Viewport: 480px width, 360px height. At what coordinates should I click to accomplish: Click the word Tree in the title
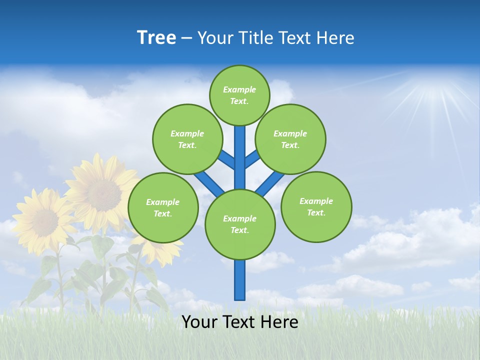tap(156, 37)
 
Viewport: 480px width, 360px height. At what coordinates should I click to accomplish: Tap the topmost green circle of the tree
tap(239, 95)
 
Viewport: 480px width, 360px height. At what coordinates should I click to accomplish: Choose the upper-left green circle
tap(187, 139)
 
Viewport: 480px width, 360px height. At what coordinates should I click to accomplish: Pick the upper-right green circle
tap(290, 139)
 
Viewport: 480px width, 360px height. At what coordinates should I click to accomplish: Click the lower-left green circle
tap(163, 207)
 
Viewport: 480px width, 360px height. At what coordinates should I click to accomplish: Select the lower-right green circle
tap(316, 206)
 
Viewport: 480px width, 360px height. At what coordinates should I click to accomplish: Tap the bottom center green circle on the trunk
tap(240, 224)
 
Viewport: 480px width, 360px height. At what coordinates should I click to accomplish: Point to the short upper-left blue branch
tap(227, 159)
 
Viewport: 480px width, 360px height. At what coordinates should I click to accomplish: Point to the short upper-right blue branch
tap(252, 158)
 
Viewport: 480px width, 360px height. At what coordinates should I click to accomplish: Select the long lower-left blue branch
tap(209, 182)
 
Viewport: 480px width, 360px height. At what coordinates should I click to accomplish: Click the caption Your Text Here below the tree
tap(240, 322)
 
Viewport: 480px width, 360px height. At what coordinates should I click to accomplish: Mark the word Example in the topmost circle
tap(239, 89)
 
